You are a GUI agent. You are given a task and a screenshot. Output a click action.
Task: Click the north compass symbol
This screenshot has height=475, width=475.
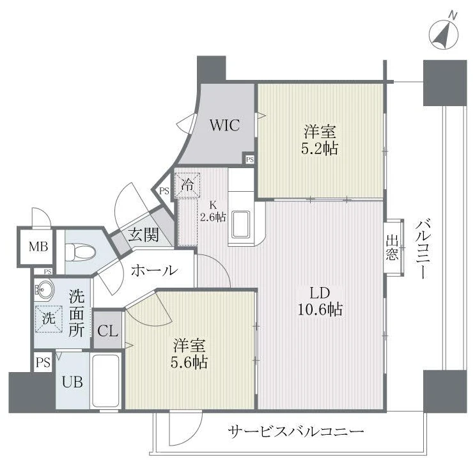click(x=444, y=33)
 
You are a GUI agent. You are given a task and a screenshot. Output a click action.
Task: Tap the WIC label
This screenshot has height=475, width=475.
click(x=225, y=125)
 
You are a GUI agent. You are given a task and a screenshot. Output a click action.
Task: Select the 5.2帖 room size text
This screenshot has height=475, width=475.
click(x=320, y=148)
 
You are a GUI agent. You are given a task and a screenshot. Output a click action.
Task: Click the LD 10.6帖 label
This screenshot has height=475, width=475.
click(x=320, y=302)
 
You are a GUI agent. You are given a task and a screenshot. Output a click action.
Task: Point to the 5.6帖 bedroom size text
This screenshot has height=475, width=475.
click(x=189, y=362)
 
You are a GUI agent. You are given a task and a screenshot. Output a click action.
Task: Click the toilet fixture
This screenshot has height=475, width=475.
click(x=81, y=251)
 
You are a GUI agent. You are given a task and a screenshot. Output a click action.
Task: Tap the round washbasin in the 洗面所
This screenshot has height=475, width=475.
click(x=44, y=290)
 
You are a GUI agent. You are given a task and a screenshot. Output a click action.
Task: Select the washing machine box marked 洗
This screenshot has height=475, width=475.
click(x=49, y=318)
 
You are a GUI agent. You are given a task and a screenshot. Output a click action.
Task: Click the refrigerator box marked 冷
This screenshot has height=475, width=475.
click(x=187, y=185)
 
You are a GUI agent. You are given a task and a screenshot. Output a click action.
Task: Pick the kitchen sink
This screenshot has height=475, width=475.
click(x=241, y=224)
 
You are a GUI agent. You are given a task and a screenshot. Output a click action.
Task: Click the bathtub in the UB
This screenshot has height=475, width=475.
click(x=105, y=381)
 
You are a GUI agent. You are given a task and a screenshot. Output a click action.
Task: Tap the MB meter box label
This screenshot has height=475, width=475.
click(x=38, y=246)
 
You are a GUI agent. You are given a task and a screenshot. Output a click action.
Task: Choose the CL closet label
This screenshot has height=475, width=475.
click(x=108, y=331)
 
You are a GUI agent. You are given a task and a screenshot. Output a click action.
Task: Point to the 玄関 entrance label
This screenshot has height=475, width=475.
click(x=143, y=235)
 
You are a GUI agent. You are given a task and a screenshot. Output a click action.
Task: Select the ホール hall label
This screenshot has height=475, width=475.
click(x=154, y=270)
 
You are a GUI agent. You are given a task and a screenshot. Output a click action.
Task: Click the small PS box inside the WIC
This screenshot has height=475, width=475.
click(x=249, y=159)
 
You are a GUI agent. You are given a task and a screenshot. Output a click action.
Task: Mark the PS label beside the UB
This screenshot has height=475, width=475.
click(x=43, y=362)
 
